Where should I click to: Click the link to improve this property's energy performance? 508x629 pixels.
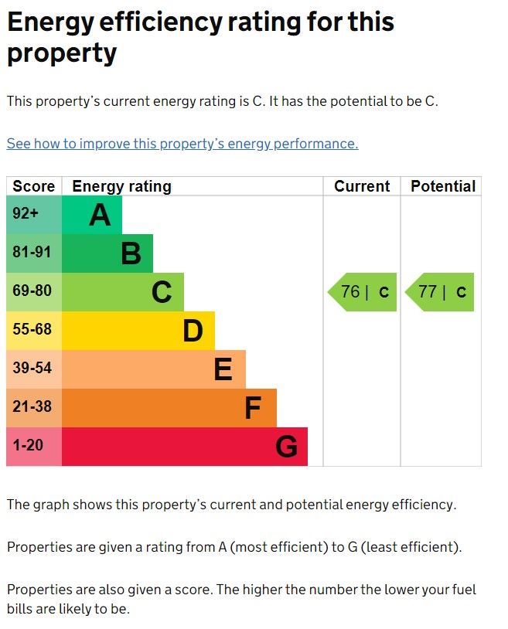[182, 144]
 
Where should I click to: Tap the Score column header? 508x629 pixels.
[34, 186]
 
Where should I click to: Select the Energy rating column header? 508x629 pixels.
[121, 186]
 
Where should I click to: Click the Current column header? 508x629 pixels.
[362, 186]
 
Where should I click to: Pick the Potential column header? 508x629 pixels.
[442, 186]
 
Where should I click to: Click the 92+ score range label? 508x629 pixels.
[26, 214]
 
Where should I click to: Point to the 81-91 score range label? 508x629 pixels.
[32, 253]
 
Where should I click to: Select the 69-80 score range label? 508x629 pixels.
[32, 291]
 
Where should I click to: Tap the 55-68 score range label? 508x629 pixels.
[32, 330]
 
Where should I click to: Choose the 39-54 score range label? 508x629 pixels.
[32, 369]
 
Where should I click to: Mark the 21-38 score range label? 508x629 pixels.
[32, 407]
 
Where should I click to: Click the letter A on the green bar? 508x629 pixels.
[100, 216]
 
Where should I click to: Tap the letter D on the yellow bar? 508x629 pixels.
[193, 331]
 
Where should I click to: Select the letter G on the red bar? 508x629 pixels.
[286, 447]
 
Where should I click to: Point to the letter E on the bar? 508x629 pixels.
[223, 370]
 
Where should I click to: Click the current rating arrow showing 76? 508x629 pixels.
[363, 292]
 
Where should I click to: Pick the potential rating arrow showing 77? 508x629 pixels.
[440, 292]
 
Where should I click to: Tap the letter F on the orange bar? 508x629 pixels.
[253, 409]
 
